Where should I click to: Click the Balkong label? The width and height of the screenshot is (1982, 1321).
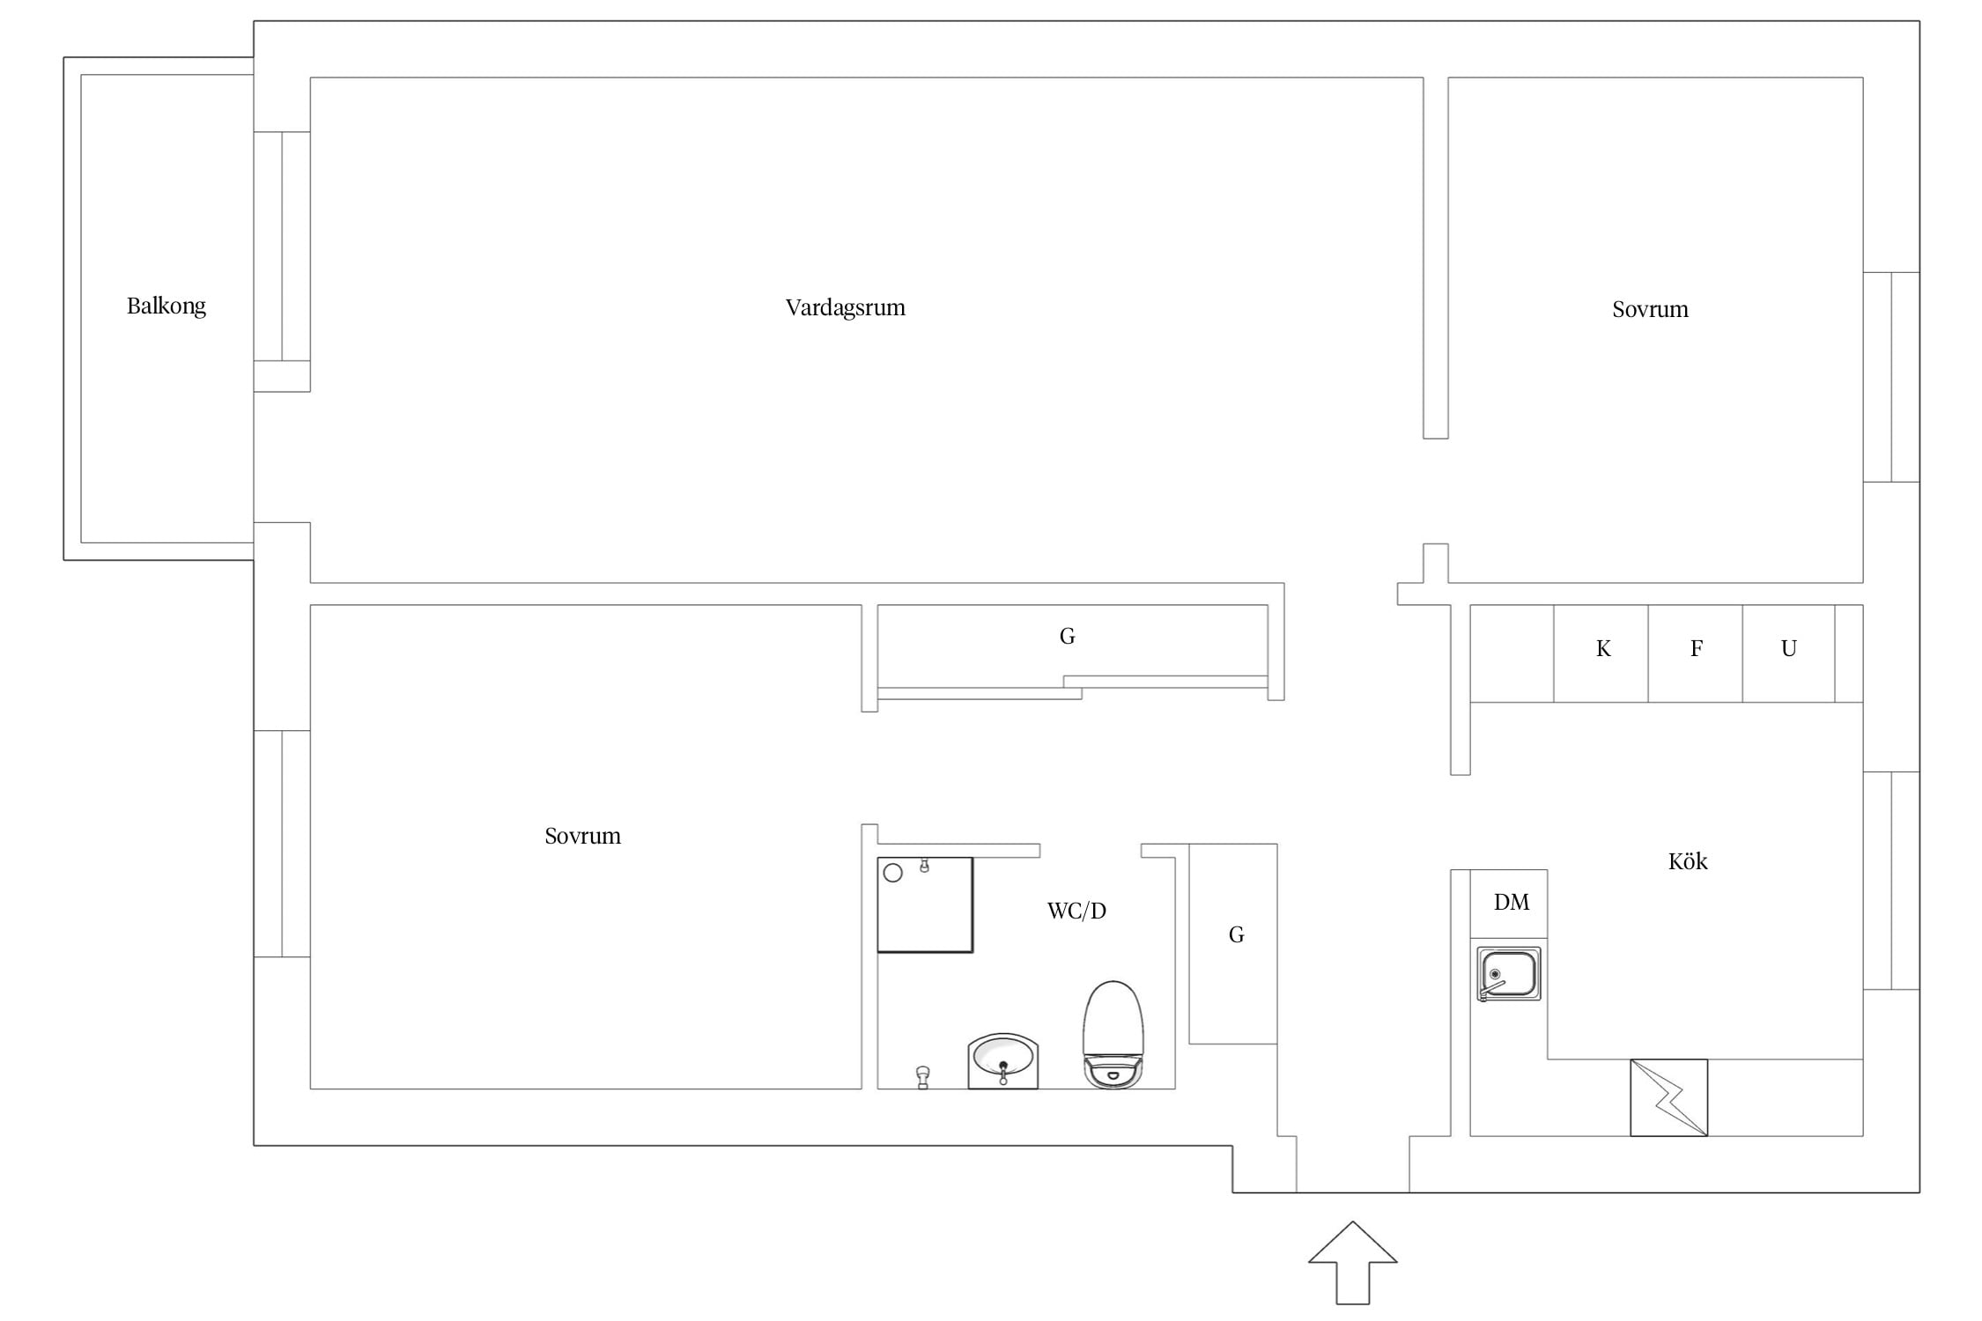166,306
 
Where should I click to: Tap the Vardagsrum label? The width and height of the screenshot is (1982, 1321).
846,307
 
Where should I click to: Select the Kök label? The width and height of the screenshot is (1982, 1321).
1688,861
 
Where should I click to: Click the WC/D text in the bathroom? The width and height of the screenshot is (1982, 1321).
1076,911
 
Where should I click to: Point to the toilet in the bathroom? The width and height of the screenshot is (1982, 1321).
1113,1035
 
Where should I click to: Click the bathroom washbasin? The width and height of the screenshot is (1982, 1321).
1003,1061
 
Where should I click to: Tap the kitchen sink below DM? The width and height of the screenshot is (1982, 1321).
1509,974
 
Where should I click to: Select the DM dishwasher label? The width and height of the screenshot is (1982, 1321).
1512,902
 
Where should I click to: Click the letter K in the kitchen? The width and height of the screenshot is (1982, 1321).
1603,649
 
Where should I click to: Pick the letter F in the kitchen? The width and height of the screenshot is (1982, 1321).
1697,649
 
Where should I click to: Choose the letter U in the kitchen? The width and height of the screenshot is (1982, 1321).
1789,649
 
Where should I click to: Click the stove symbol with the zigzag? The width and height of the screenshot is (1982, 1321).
1669,1097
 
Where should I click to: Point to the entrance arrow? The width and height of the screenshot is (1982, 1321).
1353,1262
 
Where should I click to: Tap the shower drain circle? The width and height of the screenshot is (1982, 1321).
892,873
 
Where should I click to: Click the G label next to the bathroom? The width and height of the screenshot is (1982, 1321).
1237,935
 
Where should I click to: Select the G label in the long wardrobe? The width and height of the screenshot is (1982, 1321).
1068,636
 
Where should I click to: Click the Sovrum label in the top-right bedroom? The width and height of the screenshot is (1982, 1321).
1651,309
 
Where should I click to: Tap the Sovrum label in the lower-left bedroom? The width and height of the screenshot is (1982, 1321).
583,836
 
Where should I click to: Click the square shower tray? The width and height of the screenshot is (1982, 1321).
925,904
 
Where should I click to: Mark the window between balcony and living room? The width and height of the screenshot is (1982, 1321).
282,246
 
